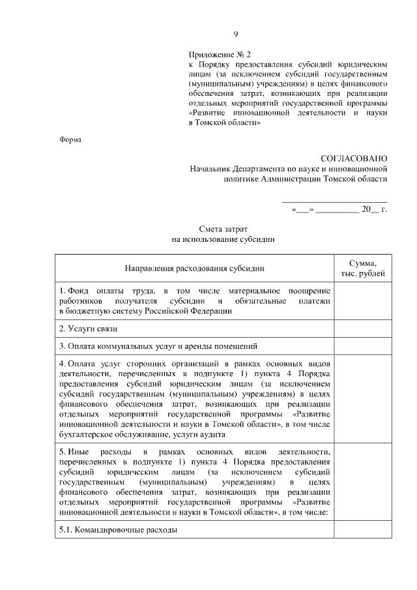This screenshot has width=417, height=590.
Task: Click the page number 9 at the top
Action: pyautogui.click(x=236, y=35)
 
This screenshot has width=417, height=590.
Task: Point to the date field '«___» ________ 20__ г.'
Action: pyautogui.click(x=339, y=210)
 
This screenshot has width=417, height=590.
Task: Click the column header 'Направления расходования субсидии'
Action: pyautogui.click(x=195, y=269)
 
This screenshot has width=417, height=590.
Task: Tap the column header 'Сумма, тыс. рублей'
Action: pyautogui.click(x=362, y=268)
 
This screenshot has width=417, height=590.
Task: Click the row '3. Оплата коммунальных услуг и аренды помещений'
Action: pyautogui.click(x=159, y=346)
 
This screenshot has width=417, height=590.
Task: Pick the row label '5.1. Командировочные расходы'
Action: pyautogui.click(x=118, y=530)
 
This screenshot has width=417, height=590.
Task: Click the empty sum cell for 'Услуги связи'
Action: pyautogui.click(x=362, y=329)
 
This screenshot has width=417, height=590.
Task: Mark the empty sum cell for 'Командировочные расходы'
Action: pyautogui.click(x=362, y=530)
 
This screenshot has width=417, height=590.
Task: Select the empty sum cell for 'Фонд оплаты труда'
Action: pyautogui.click(x=362, y=300)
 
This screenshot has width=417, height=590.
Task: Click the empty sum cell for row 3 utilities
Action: pyautogui.click(x=362, y=346)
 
